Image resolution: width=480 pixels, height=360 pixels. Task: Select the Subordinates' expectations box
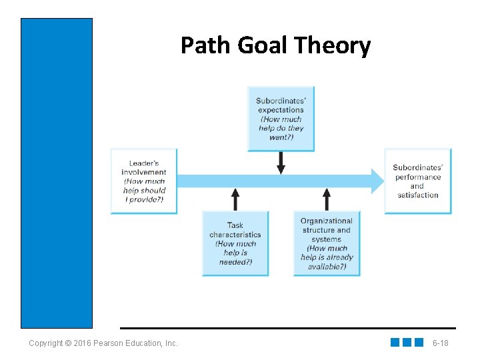tap(281, 119)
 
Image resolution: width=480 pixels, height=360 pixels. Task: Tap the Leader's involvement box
tap(144, 181)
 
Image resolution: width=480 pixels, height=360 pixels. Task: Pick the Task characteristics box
tap(235, 243)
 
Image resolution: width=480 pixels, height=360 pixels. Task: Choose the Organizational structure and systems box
tap(327, 243)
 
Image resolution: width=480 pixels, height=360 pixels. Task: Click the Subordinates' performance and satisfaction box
tap(417, 181)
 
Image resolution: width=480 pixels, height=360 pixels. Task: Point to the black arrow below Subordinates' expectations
tap(281, 163)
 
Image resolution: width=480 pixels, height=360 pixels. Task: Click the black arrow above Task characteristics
tap(235, 199)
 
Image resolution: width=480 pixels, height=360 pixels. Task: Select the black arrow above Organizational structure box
tap(327, 199)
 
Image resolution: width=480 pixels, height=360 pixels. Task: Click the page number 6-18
tap(440, 343)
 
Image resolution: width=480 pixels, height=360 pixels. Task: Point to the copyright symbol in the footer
tap(69, 343)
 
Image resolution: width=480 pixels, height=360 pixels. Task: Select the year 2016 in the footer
tap(83, 343)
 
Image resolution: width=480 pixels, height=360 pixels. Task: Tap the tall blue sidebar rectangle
tap(57, 173)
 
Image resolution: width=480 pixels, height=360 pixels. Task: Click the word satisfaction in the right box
tap(418, 195)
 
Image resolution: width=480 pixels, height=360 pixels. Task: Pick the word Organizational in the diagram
tap(327, 221)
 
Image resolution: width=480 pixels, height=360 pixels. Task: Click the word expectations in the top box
tap(280, 110)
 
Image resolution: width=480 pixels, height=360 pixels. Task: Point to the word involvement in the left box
tap(144, 172)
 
